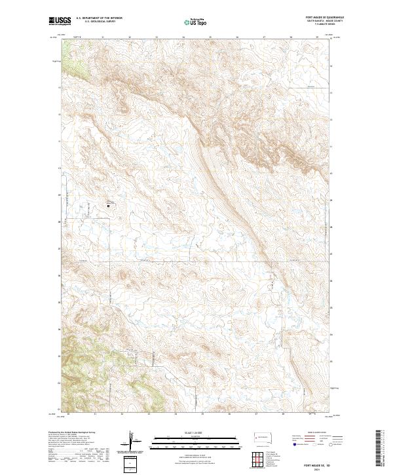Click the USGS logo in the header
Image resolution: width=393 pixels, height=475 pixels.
click(60, 21)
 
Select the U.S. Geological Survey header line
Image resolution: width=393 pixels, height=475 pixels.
click(95, 22)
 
